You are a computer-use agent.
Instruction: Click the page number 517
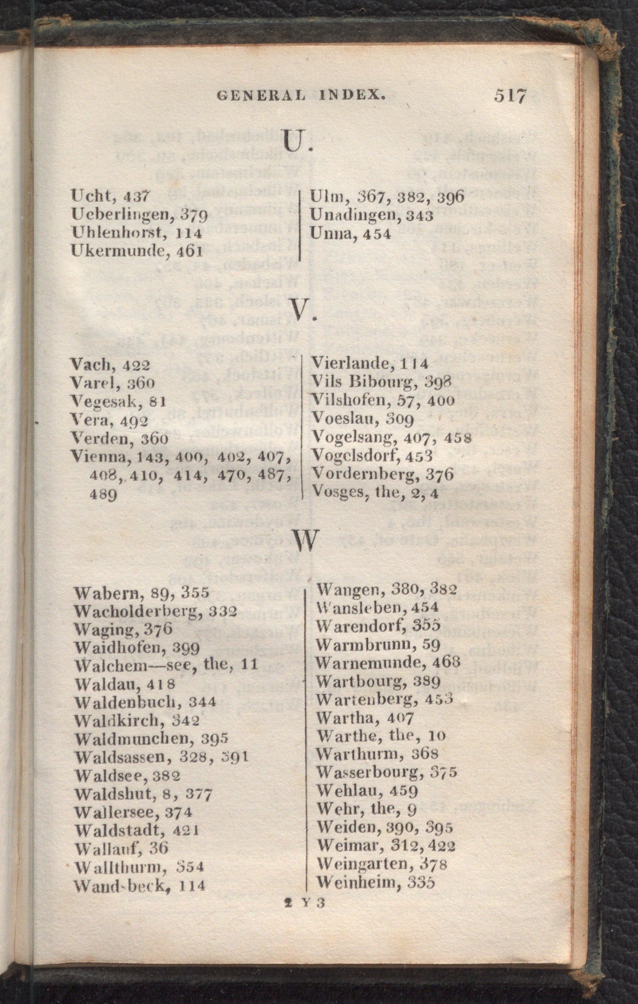tap(510, 95)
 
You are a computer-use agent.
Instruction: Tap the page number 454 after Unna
tap(377, 234)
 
